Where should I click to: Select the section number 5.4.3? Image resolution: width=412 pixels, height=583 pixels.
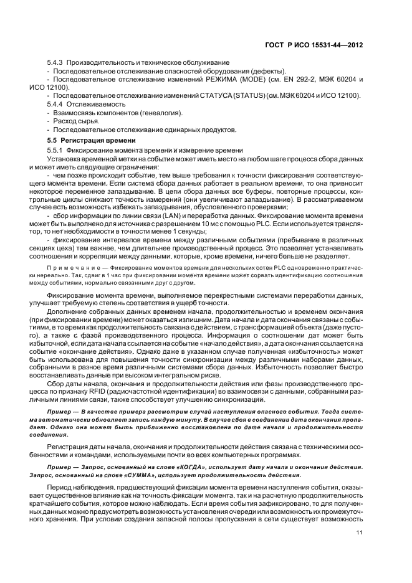click(x=56, y=64)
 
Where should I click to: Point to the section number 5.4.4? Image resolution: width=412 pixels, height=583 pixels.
click(x=56, y=105)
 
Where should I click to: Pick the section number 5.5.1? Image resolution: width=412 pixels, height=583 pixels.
click(x=56, y=151)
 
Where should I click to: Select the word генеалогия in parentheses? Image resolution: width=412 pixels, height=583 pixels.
click(x=160, y=113)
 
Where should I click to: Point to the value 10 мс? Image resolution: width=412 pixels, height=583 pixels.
click(x=211, y=224)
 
